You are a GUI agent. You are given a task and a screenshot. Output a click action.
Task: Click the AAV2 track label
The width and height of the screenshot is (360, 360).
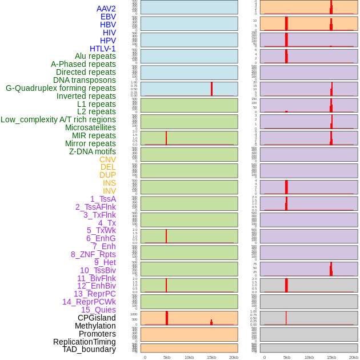(x=106, y=9)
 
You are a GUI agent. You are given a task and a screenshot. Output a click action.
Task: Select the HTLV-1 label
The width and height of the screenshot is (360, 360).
(x=103, y=49)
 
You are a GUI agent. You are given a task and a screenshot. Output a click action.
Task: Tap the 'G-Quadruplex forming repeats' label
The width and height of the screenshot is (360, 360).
(x=61, y=88)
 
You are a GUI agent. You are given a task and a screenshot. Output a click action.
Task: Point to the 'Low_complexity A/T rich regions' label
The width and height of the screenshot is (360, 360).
(x=58, y=119)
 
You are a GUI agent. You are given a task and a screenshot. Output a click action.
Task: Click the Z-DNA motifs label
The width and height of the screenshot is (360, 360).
(x=93, y=151)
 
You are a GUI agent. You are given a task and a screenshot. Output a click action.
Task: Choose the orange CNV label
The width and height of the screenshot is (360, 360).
(x=107, y=159)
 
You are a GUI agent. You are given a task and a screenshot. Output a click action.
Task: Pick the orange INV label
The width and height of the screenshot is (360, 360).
(x=109, y=191)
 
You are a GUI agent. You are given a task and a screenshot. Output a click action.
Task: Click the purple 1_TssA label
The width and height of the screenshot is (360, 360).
(x=103, y=199)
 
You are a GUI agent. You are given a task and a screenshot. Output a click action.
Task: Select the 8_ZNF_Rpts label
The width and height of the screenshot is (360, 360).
(x=93, y=254)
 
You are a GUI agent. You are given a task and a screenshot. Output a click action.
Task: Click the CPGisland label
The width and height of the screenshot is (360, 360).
(x=97, y=318)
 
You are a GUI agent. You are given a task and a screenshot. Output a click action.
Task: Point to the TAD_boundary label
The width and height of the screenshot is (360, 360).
(x=89, y=349)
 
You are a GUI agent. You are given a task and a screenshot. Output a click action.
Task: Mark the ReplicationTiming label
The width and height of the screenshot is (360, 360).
(x=85, y=342)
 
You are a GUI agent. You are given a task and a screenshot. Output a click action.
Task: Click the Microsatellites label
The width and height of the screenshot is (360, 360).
(x=90, y=127)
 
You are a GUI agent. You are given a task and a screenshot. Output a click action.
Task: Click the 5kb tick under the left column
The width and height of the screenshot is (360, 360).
(x=167, y=357)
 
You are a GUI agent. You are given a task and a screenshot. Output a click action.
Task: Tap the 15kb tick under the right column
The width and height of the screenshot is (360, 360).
(x=331, y=357)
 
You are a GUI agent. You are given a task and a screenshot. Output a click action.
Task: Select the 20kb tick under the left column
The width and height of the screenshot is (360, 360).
(x=234, y=357)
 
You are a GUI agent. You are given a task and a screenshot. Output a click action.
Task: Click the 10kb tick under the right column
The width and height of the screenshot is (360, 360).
(x=309, y=357)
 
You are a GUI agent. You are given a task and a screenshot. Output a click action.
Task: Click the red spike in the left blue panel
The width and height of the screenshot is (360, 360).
(x=211, y=89)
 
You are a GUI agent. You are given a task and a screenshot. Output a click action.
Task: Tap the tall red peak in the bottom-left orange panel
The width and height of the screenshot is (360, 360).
(x=167, y=318)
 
